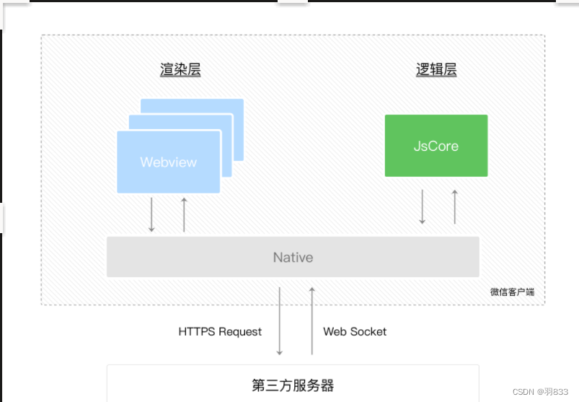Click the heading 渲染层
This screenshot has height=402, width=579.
[x=180, y=70]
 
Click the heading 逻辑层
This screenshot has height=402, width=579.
[x=436, y=70]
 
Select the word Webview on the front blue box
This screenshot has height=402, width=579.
[x=168, y=162]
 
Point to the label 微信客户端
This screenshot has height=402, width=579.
[x=512, y=292]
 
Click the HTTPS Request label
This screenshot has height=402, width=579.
[x=220, y=332]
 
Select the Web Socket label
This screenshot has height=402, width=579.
[x=355, y=332]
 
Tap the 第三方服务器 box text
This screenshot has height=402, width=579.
[x=293, y=385]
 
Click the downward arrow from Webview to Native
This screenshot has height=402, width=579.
[x=151, y=214]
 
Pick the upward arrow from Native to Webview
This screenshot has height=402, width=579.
[x=184, y=214]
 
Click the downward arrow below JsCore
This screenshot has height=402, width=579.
[x=423, y=206]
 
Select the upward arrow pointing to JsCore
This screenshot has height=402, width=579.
[x=455, y=206]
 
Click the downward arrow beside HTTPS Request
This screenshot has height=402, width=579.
[x=280, y=321]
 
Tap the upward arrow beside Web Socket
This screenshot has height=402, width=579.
[x=312, y=321]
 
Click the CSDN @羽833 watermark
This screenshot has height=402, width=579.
[x=540, y=391]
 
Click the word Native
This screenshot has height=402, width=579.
[x=293, y=257]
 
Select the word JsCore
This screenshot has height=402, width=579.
[x=436, y=145]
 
